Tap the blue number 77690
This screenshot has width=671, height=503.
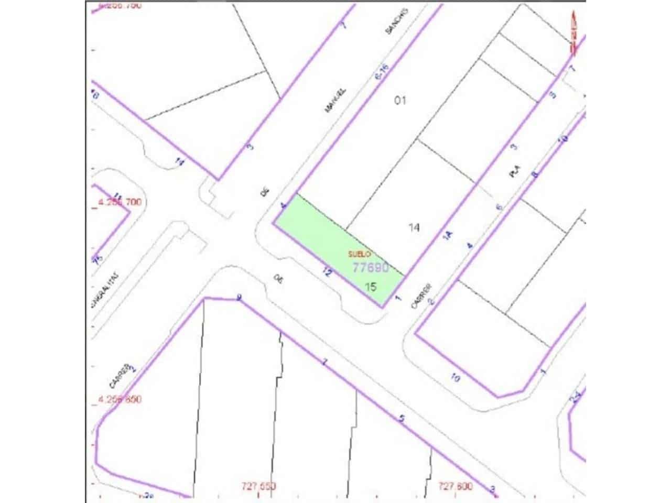point(370,268)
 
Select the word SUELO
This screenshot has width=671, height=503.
point(360,254)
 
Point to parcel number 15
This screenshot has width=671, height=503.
point(371,287)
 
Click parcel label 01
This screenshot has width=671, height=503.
point(400,100)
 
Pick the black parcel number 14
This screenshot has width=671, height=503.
point(414,227)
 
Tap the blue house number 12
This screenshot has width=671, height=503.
point(327,272)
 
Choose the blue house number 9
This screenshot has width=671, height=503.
point(239,298)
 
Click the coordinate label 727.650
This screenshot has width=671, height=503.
point(259,486)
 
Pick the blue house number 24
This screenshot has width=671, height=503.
point(575,398)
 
